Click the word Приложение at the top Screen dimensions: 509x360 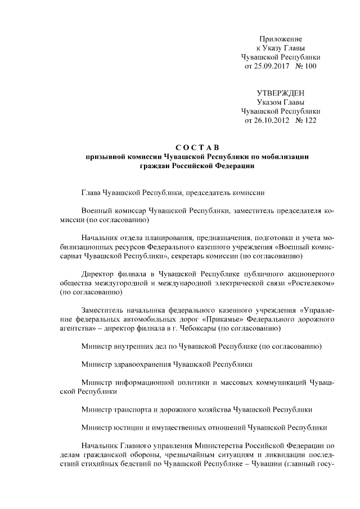[281, 39]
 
